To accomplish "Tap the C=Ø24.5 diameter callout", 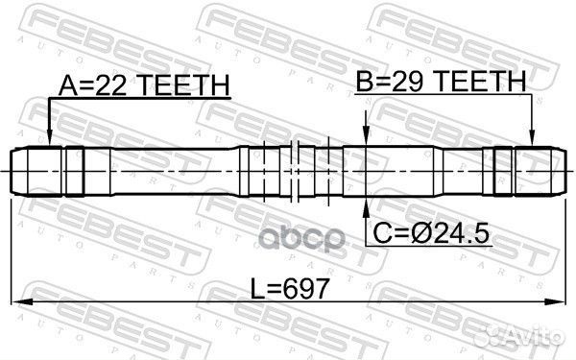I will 433,232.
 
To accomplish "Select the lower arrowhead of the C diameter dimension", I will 365,208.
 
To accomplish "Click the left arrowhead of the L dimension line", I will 21,300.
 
